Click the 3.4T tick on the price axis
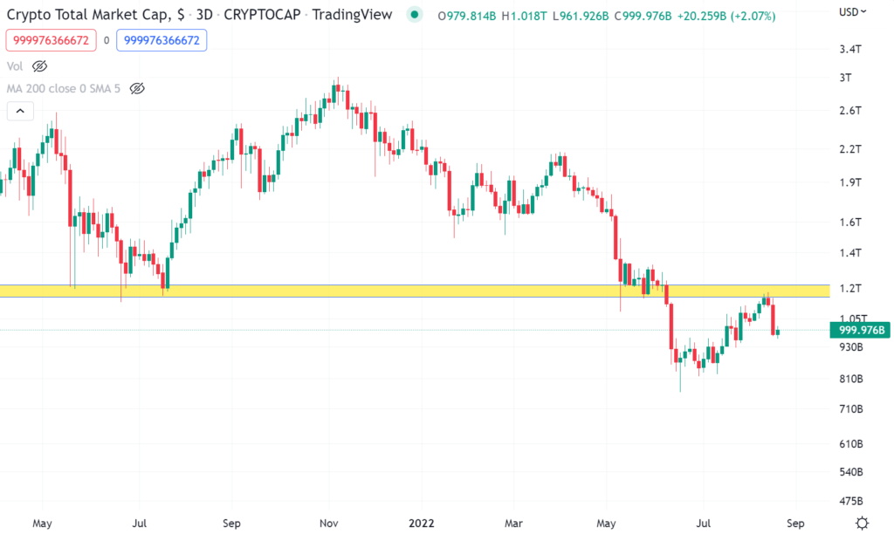click(849, 49)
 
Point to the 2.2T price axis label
click(849, 149)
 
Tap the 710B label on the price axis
click(851, 409)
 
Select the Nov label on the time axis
click(328, 524)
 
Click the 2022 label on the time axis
click(421, 524)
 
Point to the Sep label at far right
click(794, 524)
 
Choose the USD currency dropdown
click(852, 12)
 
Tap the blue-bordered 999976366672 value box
click(162, 40)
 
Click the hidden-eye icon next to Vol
click(39, 66)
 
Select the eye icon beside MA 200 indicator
click(136, 88)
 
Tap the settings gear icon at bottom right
click(863, 523)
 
